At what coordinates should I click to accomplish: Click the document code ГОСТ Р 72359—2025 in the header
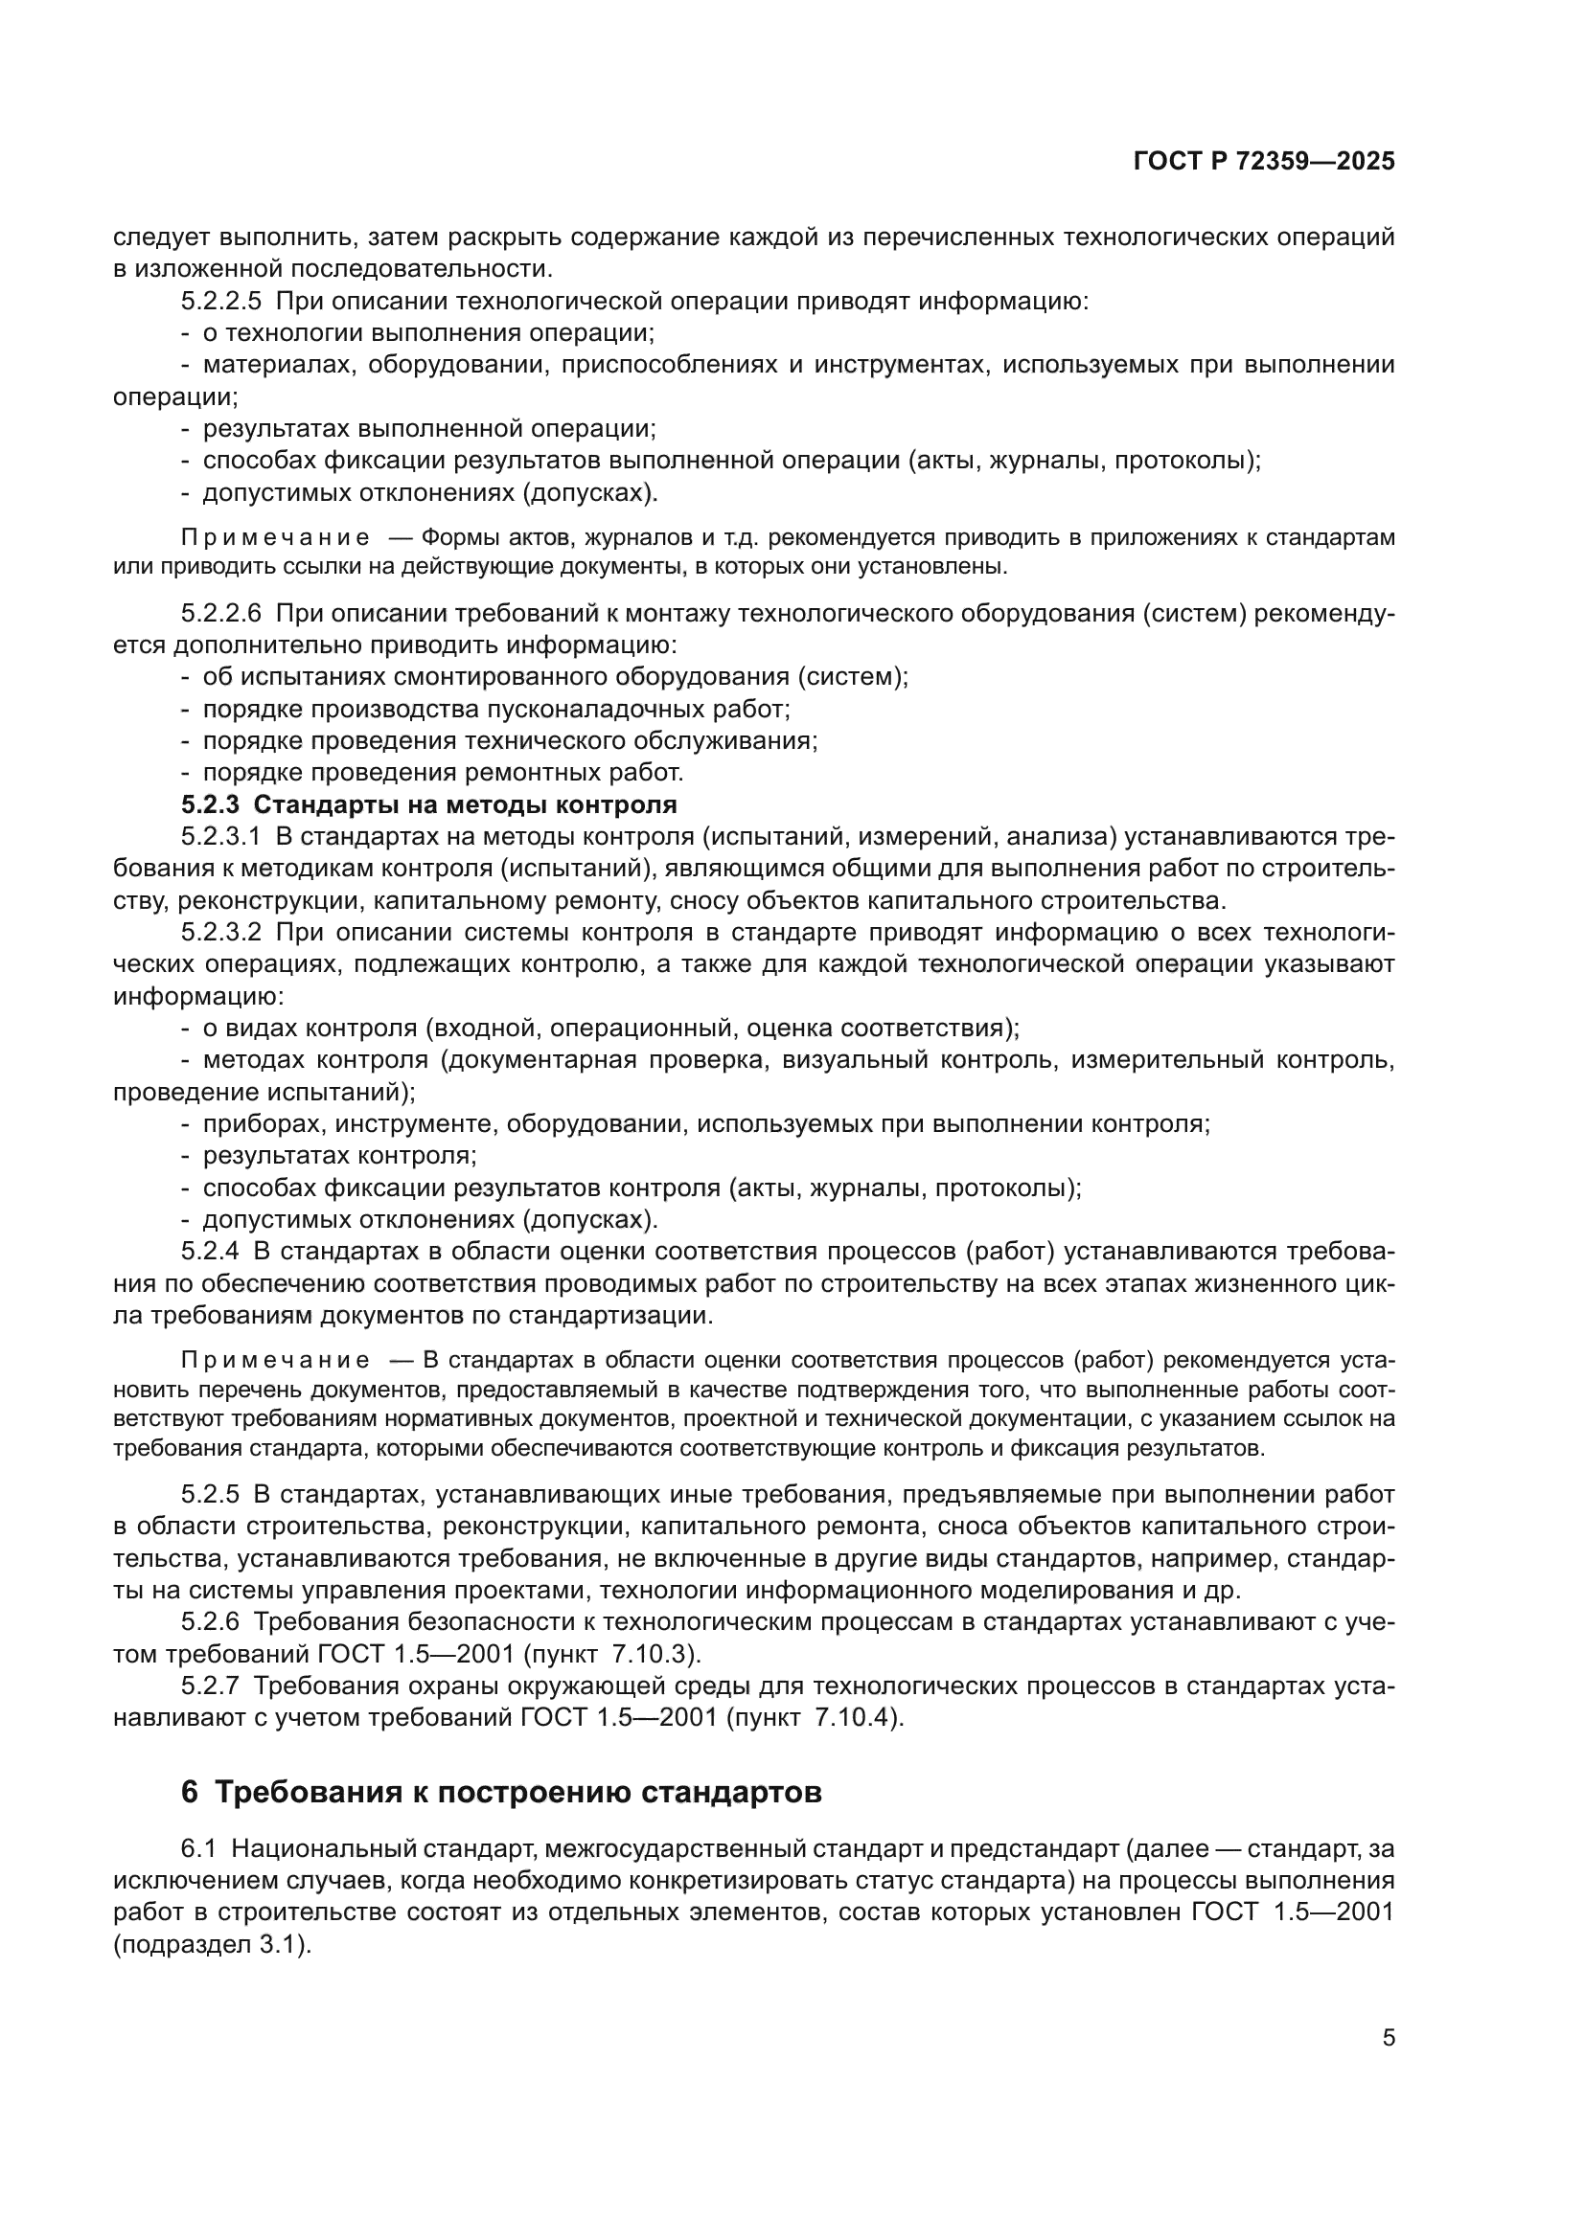coord(1264,162)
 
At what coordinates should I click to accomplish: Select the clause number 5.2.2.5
coord(221,302)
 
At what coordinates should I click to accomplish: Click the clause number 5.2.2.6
coord(221,614)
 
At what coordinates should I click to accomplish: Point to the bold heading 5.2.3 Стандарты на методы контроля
coord(428,804)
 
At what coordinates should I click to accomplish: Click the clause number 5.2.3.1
coord(221,837)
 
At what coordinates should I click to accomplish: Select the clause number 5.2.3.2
coord(221,933)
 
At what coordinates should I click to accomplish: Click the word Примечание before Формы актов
coord(276,538)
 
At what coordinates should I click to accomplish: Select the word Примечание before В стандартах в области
coord(276,1361)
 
